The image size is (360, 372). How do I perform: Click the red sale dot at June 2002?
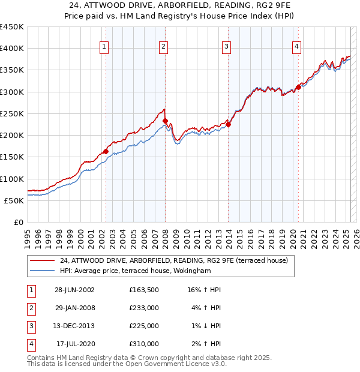tap(106, 151)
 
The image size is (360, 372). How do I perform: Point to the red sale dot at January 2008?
tap(165, 121)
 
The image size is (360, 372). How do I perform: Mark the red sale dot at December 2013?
tap(228, 124)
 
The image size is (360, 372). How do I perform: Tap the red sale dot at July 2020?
tap(298, 88)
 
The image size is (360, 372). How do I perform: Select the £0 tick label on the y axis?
tap(18, 222)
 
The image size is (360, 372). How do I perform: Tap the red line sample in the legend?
tap(42, 260)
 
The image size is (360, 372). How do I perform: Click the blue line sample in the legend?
tap(42, 271)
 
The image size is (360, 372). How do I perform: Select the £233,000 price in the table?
tap(143, 308)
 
